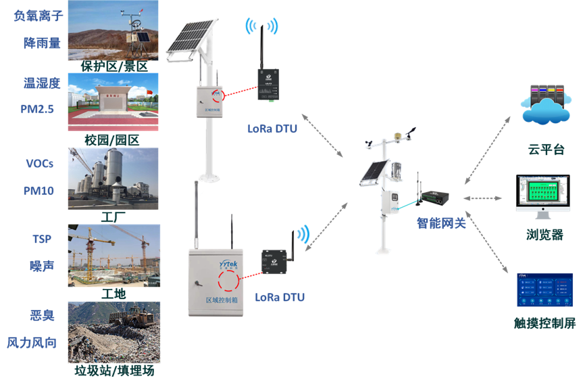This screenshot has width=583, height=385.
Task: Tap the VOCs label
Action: pos(39,164)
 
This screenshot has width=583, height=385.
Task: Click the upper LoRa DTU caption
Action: pos(272,128)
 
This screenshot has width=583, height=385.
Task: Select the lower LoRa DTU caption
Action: pos(280,297)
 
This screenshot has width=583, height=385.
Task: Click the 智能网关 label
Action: pos(441,223)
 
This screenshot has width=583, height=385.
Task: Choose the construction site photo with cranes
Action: pos(113,255)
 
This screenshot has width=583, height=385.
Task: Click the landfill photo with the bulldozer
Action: pos(113,332)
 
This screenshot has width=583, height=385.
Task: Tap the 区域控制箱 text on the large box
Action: pos(224,300)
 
